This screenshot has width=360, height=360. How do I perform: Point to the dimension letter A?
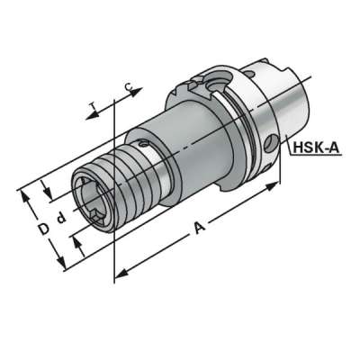coord(201,231)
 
